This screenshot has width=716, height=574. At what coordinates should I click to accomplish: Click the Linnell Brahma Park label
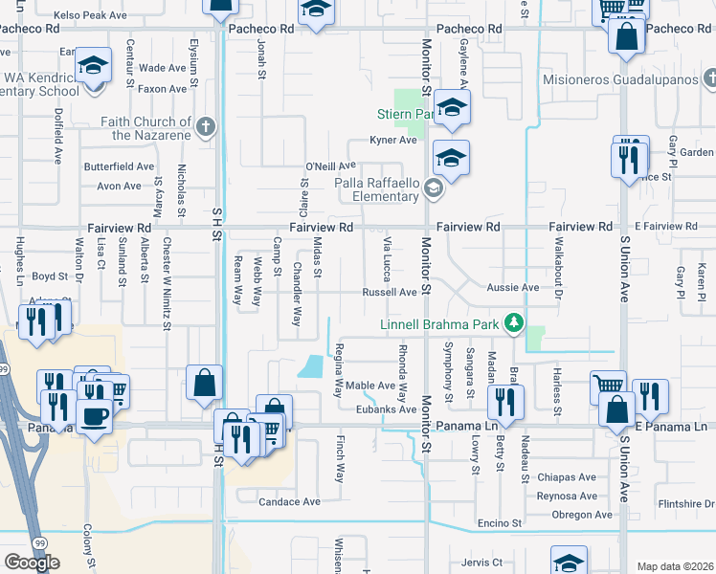[x=440, y=324]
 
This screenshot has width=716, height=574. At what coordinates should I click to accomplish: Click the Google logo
[x=32, y=562]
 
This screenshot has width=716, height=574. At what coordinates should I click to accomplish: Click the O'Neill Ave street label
[x=330, y=166]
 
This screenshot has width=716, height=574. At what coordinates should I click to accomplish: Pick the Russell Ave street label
[x=389, y=293]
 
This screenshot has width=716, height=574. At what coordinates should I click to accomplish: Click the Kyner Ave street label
[x=394, y=141]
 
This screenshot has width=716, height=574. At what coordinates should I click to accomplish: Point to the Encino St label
[x=499, y=523]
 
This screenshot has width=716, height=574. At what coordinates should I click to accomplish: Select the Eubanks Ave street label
[x=381, y=409]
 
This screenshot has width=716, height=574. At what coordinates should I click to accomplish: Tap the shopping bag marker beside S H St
[x=205, y=383]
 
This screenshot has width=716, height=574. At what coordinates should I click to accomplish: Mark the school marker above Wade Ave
[x=94, y=66]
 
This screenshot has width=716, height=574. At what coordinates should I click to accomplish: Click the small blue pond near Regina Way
[x=311, y=366]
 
